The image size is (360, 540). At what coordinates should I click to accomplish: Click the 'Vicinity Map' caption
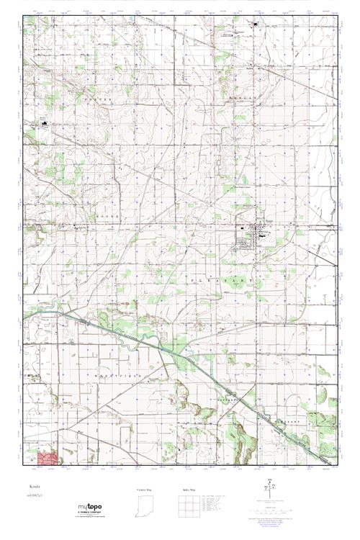tap(144, 489)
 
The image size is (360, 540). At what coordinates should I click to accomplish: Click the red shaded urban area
tap(50, 458)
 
